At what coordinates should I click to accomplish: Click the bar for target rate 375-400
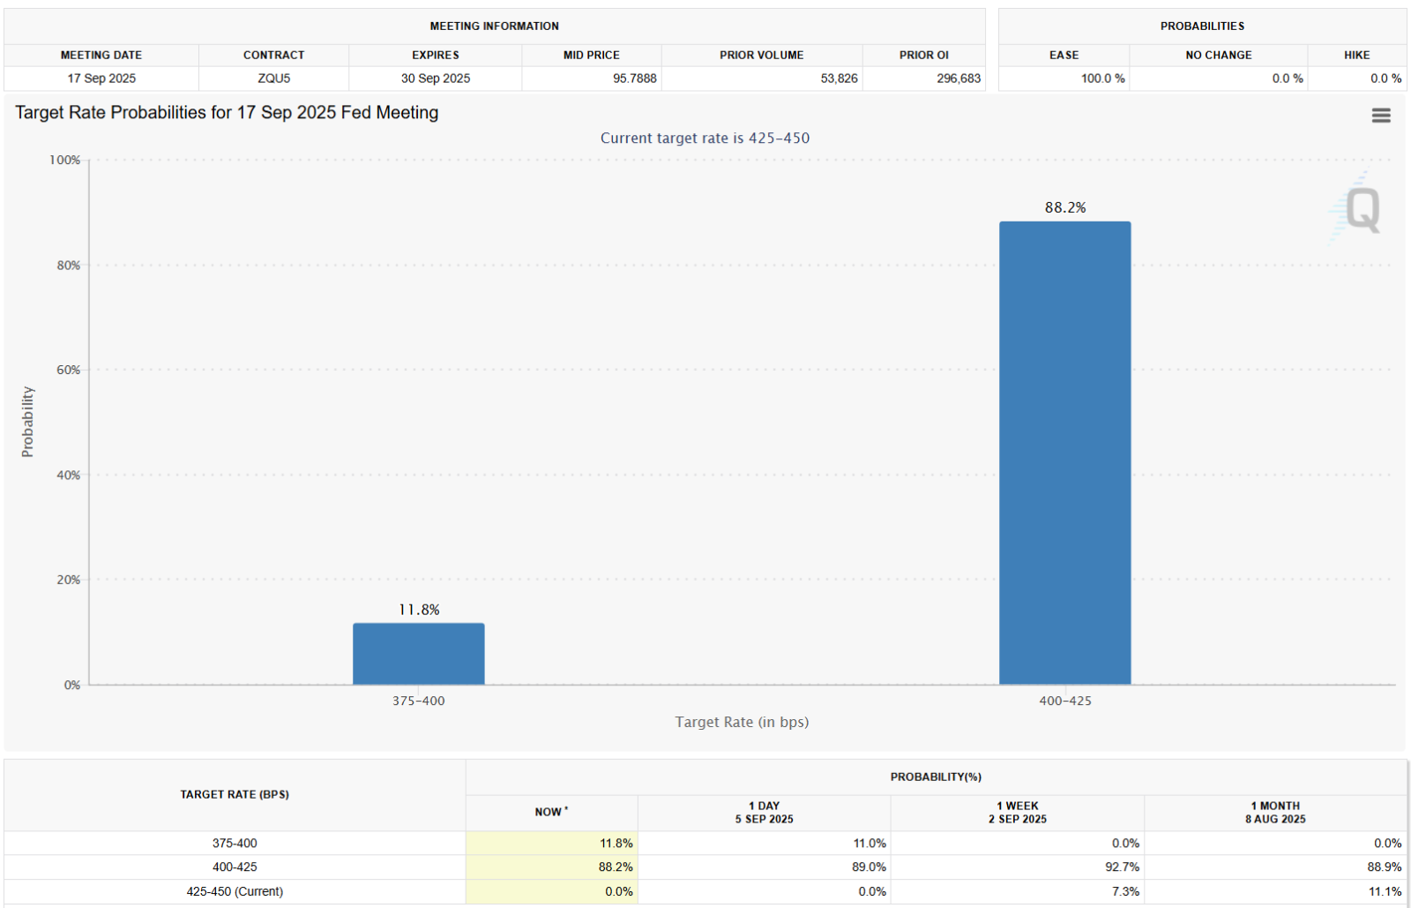pyautogui.click(x=419, y=654)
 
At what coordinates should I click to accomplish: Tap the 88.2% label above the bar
pyautogui.click(x=1065, y=207)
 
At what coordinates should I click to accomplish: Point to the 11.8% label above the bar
pyautogui.click(x=419, y=610)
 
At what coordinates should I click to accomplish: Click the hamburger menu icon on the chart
pyautogui.click(x=1381, y=116)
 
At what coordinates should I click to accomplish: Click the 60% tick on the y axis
pyautogui.click(x=69, y=370)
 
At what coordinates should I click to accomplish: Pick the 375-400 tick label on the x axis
pyautogui.click(x=419, y=701)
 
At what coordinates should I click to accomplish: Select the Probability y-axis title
pyautogui.click(x=27, y=422)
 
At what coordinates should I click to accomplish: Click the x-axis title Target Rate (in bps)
pyautogui.click(x=742, y=722)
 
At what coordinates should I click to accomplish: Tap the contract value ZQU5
pyautogui.click(x=273, y=79)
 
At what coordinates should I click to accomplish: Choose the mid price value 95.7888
pyautogui.click(x=635, y=79)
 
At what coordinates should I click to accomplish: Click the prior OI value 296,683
pyautogui.click(x=959, y=79)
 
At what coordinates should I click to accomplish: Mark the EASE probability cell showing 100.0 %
pyautogui.click(x=1102, y=79)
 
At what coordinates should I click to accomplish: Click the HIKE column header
pyautogui.click(x=1356, y=55)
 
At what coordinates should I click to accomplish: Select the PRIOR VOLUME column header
pyautogui.click(x=761, y=55)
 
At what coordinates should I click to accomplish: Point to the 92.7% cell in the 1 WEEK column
pyautogui.click(x=1122, y=867)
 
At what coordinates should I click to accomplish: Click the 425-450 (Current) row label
pyautogui.click(x=235, y=891)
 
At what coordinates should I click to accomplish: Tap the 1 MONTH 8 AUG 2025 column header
pyautogui.click(x=1275, y=812)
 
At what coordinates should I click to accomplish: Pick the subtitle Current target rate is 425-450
pyautogui.click(x=705, y=138)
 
